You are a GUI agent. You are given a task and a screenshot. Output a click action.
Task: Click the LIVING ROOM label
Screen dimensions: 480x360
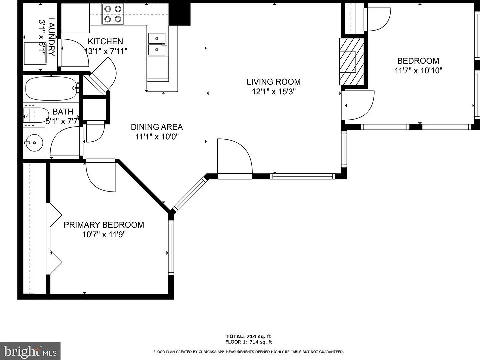pos(273,82)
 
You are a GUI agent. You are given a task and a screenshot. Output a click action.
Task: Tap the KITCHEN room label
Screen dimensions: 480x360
pos(105,41)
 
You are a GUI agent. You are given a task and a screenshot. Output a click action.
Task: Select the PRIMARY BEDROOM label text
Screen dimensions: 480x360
pos(104,225)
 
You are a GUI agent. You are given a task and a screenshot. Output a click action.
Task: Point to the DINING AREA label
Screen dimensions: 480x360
pos(157,127)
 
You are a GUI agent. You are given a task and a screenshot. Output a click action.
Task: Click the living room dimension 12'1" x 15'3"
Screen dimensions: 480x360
pos(273,91)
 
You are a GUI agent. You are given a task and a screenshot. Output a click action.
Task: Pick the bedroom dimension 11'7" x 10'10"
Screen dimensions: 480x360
pos(418,70)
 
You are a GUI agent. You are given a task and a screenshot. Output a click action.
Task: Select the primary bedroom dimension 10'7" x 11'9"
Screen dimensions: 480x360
pos(104,235)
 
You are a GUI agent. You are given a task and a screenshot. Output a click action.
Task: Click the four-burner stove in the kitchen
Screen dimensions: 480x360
pos(113,14)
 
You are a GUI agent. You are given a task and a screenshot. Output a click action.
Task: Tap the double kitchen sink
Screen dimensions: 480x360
pos(157,44)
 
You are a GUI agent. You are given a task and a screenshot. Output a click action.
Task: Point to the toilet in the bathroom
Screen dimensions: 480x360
pos(36,115)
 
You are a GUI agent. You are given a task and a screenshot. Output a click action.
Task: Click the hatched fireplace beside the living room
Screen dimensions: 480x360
pos(351,62)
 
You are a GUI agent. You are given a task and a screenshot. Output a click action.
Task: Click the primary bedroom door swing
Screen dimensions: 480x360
pos(100,175)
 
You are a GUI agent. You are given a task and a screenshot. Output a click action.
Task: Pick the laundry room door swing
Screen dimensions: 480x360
pos(75,53)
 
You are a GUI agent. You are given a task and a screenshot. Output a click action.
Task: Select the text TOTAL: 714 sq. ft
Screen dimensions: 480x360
pos(249,337)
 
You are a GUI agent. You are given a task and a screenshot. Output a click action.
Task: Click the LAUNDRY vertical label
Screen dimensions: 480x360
pos(52,37)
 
